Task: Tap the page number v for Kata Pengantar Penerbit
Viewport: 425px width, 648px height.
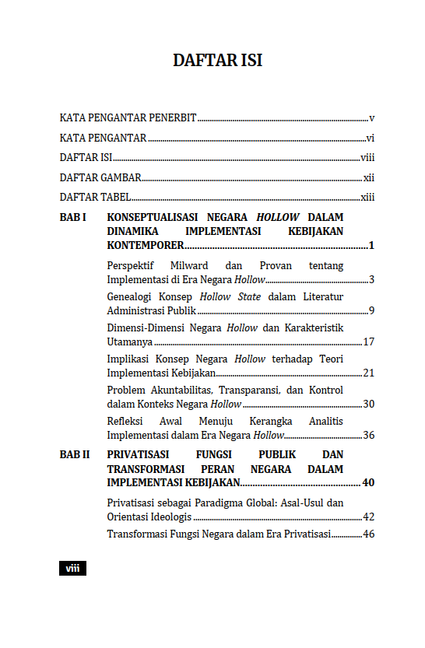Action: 372,118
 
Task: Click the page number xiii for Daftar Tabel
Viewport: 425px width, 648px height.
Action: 367,197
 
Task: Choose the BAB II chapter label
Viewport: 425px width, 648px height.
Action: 75,454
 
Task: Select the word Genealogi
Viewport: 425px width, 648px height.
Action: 130,296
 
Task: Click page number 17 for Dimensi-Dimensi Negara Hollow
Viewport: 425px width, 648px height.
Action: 369,342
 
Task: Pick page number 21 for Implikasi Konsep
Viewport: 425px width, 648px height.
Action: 369,373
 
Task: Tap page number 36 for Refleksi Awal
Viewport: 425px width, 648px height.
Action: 369,435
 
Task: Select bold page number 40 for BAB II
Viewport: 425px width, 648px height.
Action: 368,483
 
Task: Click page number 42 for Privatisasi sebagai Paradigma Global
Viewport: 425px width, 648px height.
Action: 369,517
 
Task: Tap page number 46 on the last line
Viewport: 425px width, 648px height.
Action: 369,534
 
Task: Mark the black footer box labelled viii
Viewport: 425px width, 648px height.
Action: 72,569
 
